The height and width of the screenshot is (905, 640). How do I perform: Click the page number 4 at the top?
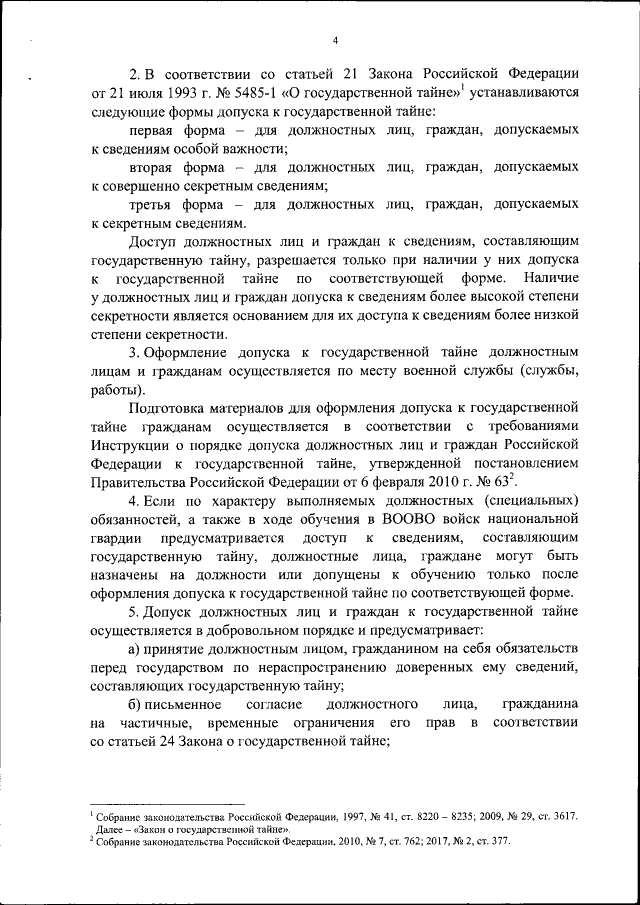(x=336, y=39)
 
